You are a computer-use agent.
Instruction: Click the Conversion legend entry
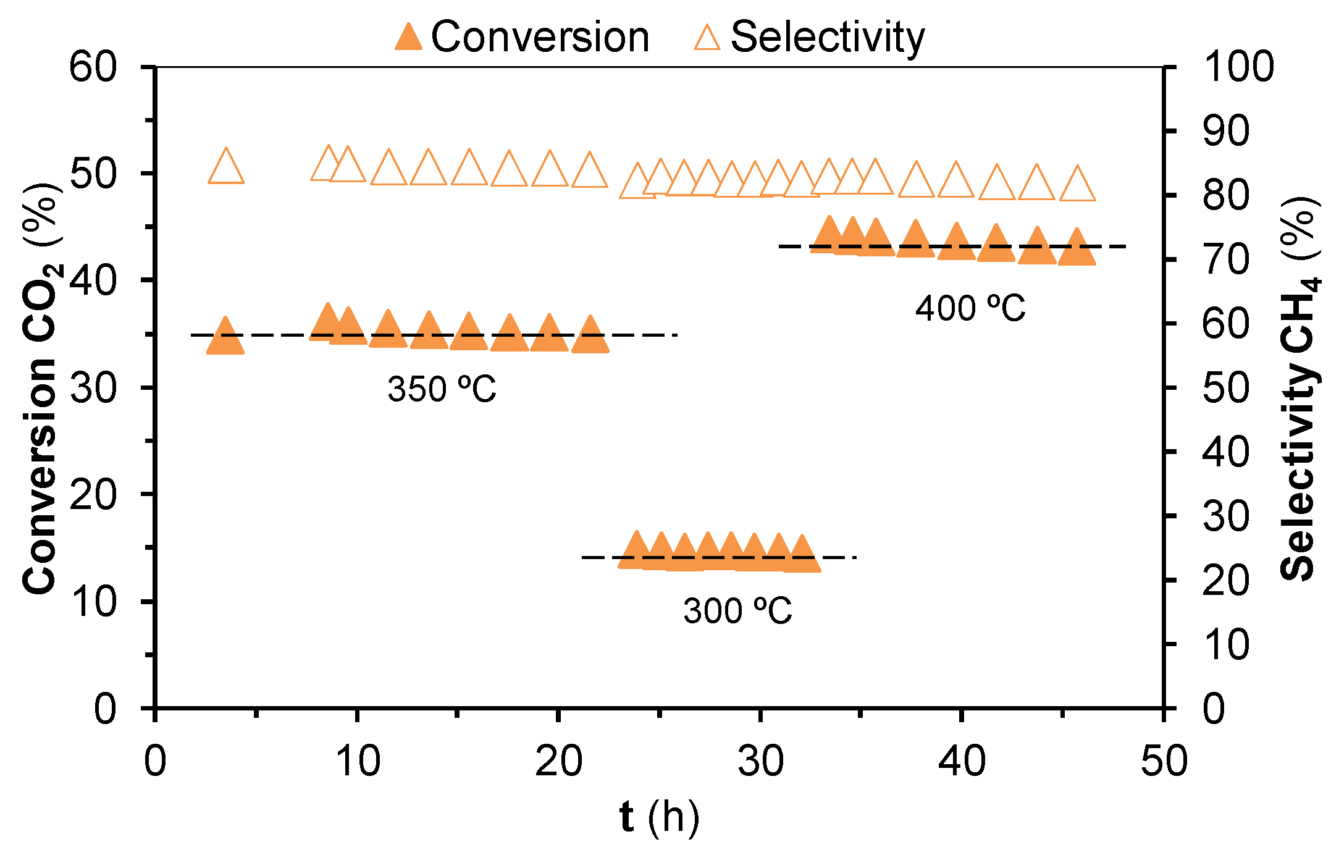(x=523, y=37)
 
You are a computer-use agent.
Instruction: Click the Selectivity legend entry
(x=809, y=37)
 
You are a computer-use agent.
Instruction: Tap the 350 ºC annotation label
(x=442, y=389)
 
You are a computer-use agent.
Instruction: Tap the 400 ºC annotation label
(x=970, y=308)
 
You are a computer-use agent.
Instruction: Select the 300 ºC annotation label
(x=737, y=611)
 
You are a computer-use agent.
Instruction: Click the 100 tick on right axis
(x=1238, y=67)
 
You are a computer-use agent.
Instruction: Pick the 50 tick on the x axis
(x=1164, y=761)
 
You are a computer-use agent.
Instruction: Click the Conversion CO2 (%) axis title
(x=41, y=388)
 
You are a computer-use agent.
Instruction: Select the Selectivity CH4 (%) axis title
(x=1299, y=388)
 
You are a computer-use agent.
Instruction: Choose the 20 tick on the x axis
(x=558, y=761)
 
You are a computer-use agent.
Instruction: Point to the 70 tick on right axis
(x=1225, y=259)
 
